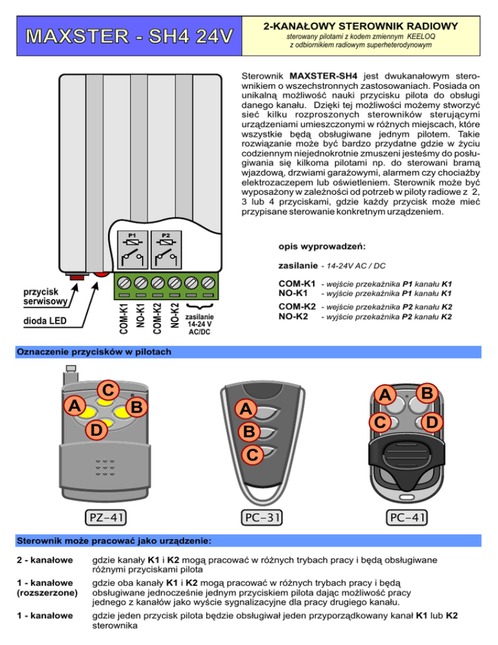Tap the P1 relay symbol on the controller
132,249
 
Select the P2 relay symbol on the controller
165,249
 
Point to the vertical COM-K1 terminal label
124,315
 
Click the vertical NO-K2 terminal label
173,315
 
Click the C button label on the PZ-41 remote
108,391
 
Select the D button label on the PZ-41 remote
96,430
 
